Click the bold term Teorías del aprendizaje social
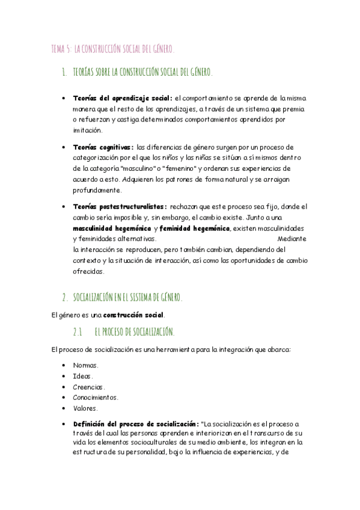[122, 98]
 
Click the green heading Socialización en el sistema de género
[127, 297]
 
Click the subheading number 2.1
[77, 332]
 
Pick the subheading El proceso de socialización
[135, 332]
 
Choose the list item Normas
[85, 365]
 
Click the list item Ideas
[83, 376]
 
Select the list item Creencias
[88, 387]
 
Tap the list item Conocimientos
[95, 398]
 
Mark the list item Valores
[85, 408]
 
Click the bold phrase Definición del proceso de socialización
[135, 423]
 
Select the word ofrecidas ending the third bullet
[89, 271]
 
